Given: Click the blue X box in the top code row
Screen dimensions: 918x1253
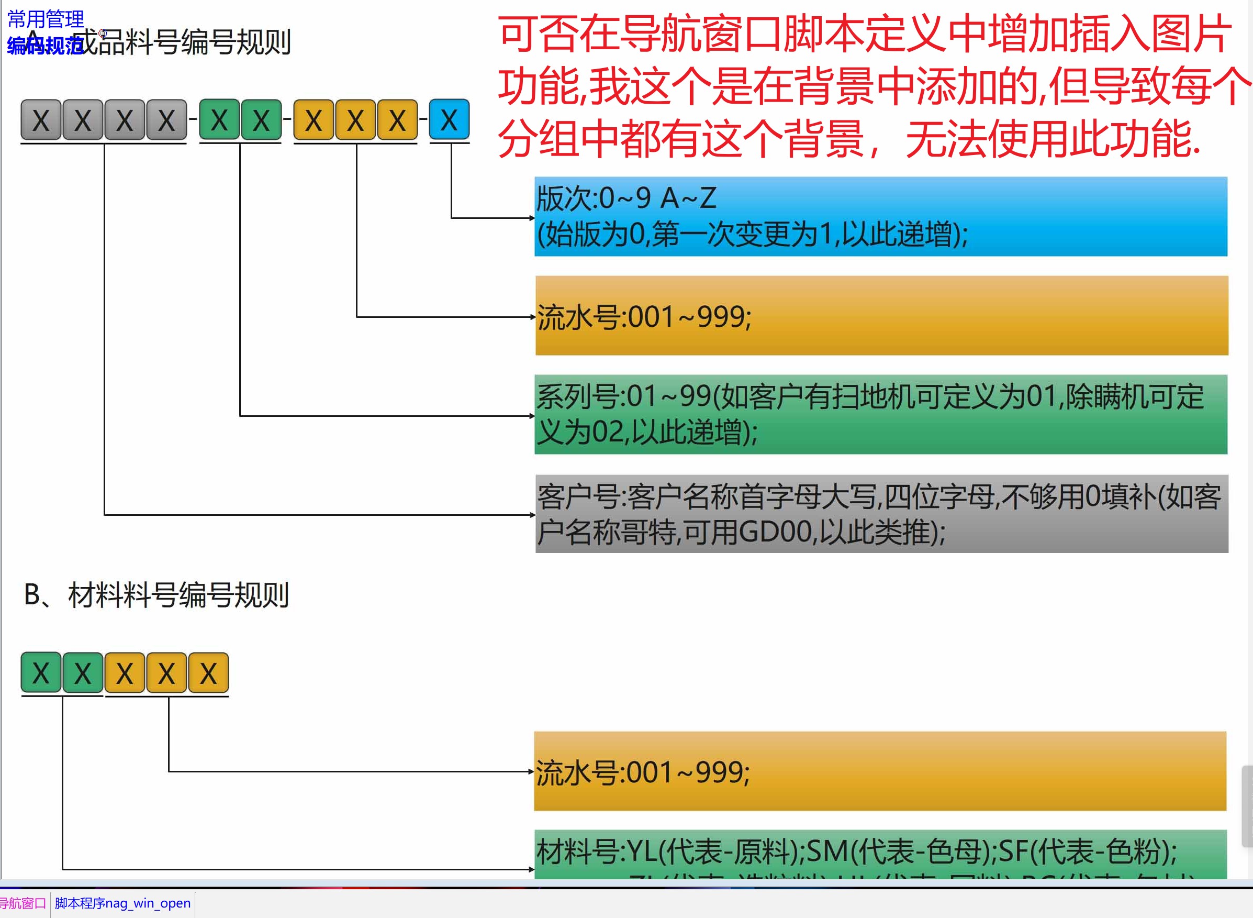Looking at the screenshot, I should (x=449, y=119).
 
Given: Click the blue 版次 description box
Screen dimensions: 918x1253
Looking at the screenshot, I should (x=880, y=217).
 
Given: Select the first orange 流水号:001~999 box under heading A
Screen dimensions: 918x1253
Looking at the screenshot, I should (x=881, y=316).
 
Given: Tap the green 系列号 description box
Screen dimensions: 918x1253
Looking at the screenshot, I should (x=880, y=415).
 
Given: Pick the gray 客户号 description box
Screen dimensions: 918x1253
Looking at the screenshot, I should (x=881, y=514).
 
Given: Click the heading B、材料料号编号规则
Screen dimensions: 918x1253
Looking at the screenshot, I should (x=156, y=595).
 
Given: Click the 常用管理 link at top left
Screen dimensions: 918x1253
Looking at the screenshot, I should (x=46, y=19).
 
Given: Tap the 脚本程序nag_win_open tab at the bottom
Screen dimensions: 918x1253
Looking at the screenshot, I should (x=123, y=903).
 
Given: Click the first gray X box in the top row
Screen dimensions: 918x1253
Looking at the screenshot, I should (x=41, y=120).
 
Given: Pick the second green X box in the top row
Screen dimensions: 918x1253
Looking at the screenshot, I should (x=261, y=120).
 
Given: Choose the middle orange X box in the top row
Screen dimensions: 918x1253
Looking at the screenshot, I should (x=355, y=120).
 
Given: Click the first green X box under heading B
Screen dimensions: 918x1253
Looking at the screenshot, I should (x=41, y=673).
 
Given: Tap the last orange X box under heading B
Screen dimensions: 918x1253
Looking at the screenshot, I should (x=208, y=673).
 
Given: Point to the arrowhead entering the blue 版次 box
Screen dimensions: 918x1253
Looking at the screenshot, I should (x=532, y=218).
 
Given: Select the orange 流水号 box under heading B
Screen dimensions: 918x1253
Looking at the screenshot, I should (x=880, y=771).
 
